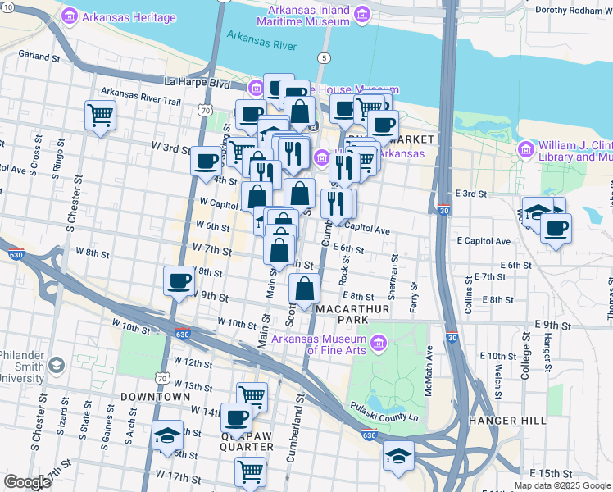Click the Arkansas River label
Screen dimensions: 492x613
(261, 41)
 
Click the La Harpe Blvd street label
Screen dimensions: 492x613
(198, 82)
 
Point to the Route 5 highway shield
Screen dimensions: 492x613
(325, 57)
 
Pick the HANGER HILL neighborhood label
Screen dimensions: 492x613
(506, 421)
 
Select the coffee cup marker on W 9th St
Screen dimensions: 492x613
(178, 281)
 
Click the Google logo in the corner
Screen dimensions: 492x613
(27, 482)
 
